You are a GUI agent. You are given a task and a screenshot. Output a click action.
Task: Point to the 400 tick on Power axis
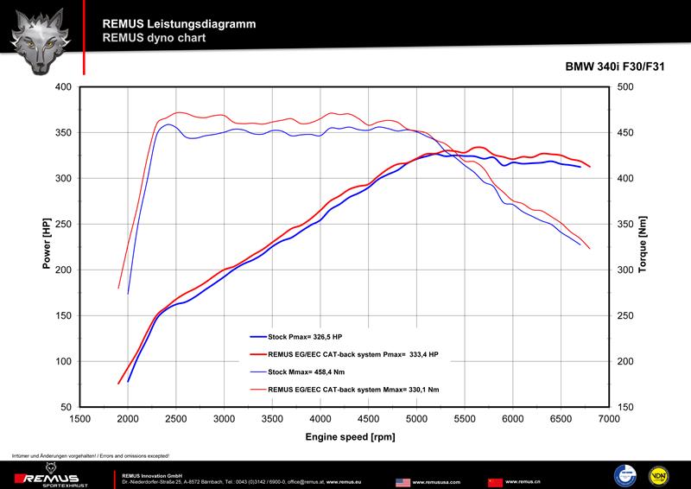point(63,87)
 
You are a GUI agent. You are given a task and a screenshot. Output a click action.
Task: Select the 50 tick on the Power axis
point(67,407)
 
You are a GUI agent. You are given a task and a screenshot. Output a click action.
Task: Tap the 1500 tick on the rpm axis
point(79,418)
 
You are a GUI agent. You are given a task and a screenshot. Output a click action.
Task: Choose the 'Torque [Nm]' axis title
point(643,246)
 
